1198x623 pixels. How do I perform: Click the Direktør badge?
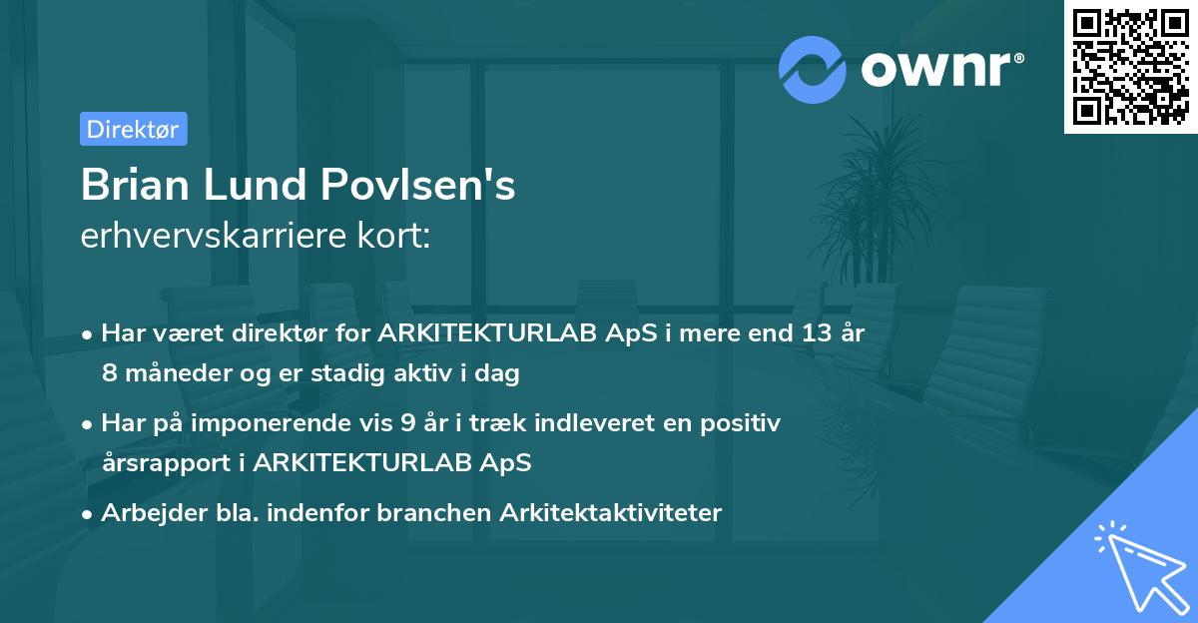(x=133, y=129)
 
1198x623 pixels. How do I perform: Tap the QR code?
(x=1129, y=66)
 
